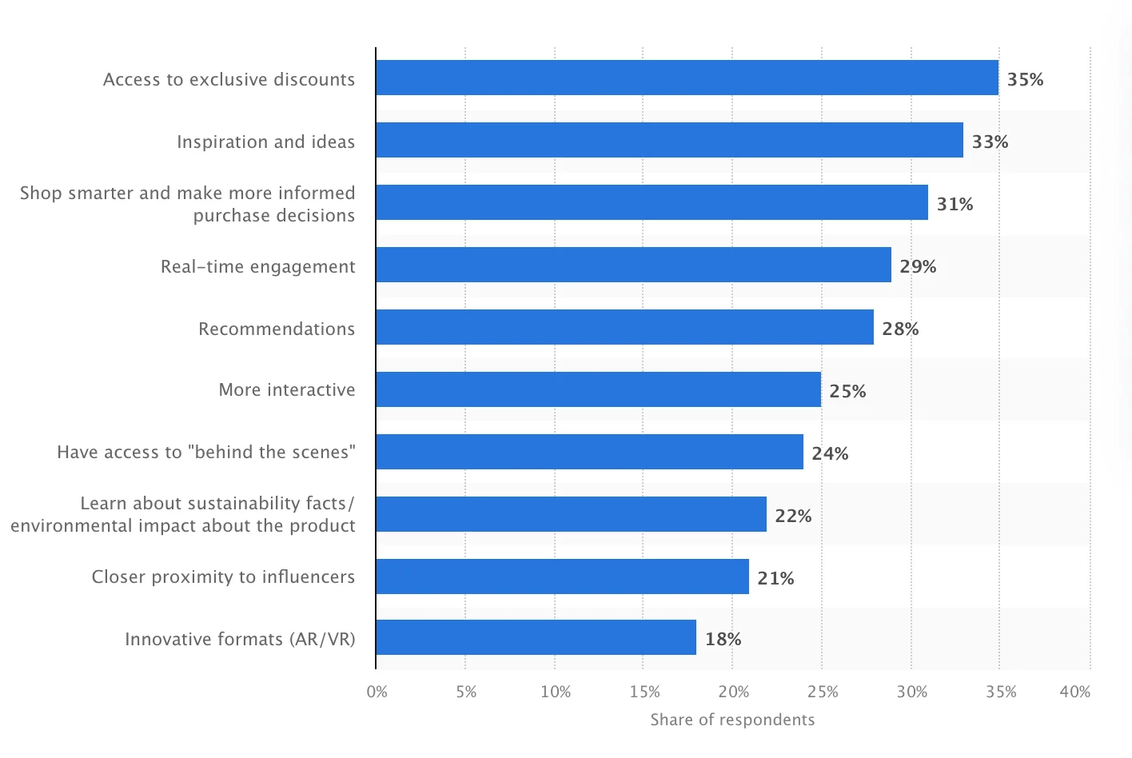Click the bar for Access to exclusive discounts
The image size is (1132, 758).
[x=687, y=78]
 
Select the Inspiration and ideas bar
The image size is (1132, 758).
[x=669, y=140]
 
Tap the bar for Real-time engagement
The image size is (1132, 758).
[x=633, y=265]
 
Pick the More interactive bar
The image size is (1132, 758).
[x=598, y=389]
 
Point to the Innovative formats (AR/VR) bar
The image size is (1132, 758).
[x=536, y=637]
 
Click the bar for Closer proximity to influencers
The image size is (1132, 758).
[x=562, y=576]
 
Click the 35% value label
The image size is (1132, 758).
[x=1025, y=79]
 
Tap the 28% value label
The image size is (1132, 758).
[x=900, y=329]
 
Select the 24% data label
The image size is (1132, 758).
[x=830, y=453]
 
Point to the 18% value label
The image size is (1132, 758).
[x=723, y=639]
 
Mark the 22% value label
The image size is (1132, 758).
[x=793, y=516]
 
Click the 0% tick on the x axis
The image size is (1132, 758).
[x=377, y=692]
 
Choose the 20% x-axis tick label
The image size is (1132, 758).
[x=733, y=692]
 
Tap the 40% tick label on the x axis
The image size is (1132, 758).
[x=1074, y=692]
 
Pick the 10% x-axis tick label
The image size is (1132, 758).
[x=555, y=692]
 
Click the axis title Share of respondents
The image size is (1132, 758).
[x=732, y=720]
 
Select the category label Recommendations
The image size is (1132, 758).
[x=277, y=329]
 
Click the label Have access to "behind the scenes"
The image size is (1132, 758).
[x=206, y=452]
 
